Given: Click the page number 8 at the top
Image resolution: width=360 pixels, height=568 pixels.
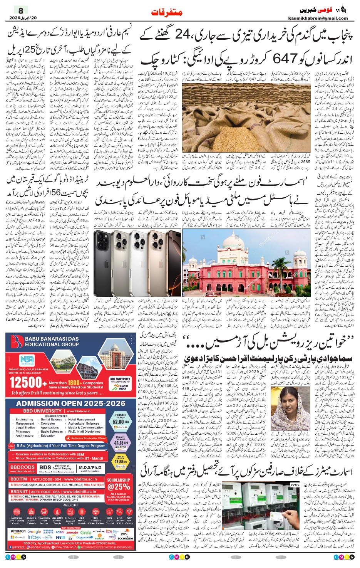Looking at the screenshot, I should click(21, 10).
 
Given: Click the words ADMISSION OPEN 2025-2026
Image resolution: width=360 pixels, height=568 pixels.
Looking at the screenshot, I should click(71, 403).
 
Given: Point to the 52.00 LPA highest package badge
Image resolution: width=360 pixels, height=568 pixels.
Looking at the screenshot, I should click(121, 422).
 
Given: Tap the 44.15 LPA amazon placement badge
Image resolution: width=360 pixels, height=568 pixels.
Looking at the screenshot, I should click(121, 443).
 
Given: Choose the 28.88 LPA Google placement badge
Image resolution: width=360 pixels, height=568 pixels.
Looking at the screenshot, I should click(121, 461).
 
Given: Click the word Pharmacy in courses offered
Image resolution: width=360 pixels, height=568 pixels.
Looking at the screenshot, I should click(23, 432).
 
